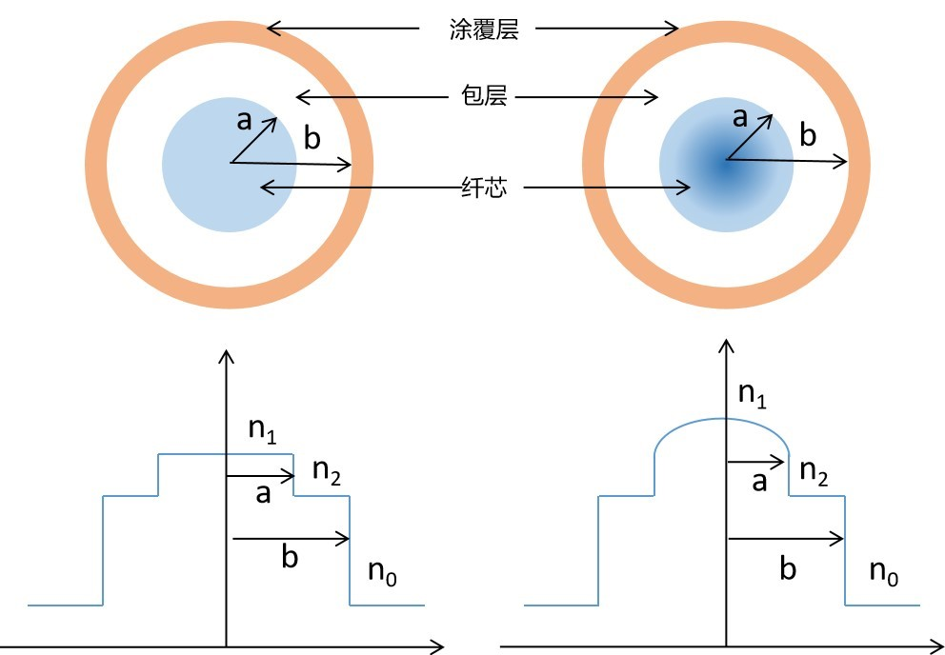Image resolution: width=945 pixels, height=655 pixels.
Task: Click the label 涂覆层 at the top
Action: point(484,29)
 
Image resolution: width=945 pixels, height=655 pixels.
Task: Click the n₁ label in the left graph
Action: point(263,429)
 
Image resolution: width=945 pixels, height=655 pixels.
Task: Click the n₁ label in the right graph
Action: point(753,395)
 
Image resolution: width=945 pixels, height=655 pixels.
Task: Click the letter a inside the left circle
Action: point(244,121)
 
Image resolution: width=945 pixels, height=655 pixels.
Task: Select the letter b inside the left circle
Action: point(312,138)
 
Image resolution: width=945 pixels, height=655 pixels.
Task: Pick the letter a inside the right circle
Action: point(740,118)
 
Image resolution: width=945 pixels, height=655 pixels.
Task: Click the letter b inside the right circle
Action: point(808,135)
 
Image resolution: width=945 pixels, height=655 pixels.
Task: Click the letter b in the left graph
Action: point(290,557)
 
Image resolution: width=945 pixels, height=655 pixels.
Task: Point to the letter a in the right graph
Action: point(759,482)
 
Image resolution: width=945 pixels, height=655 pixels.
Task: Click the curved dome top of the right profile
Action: point(722,418)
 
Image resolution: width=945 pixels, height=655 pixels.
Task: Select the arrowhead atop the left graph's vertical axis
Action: point(226,355)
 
